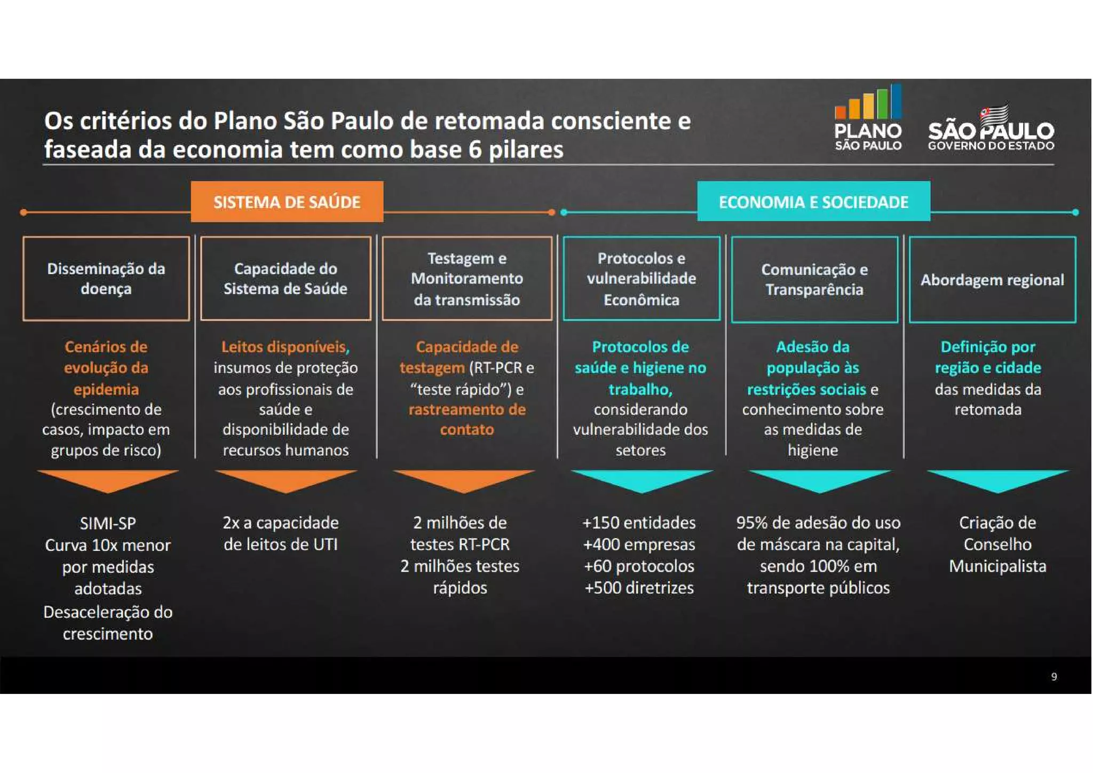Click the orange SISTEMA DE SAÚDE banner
pyautogui.click(x=287, y=202)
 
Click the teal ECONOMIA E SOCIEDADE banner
pyautogui.click(x=813, y=202)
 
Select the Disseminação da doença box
pyautogui.click(x=106, y=279)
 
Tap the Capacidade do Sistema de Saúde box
pyautogui.click(x=286, y=279)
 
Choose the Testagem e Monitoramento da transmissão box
pyautogui.click(x=467, y=279)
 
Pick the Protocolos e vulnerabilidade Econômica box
pyautogui.click(x=641, y=279)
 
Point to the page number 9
pyautogui.click(x=1054, y=677)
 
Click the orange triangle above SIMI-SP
pyautogui.click(x=108, y=480)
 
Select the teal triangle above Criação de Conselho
pyautogui.click(x=998, y=480)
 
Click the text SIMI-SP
pyautogui.click(x=108, y=523)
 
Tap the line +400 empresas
pyautogui.click(x=639, y=545)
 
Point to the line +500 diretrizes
pyautogui.click(x=639, y=588)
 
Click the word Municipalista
pyautogui.click(x=997, y=566)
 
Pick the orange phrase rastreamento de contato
pyautogui.click(x=467, y=420)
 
